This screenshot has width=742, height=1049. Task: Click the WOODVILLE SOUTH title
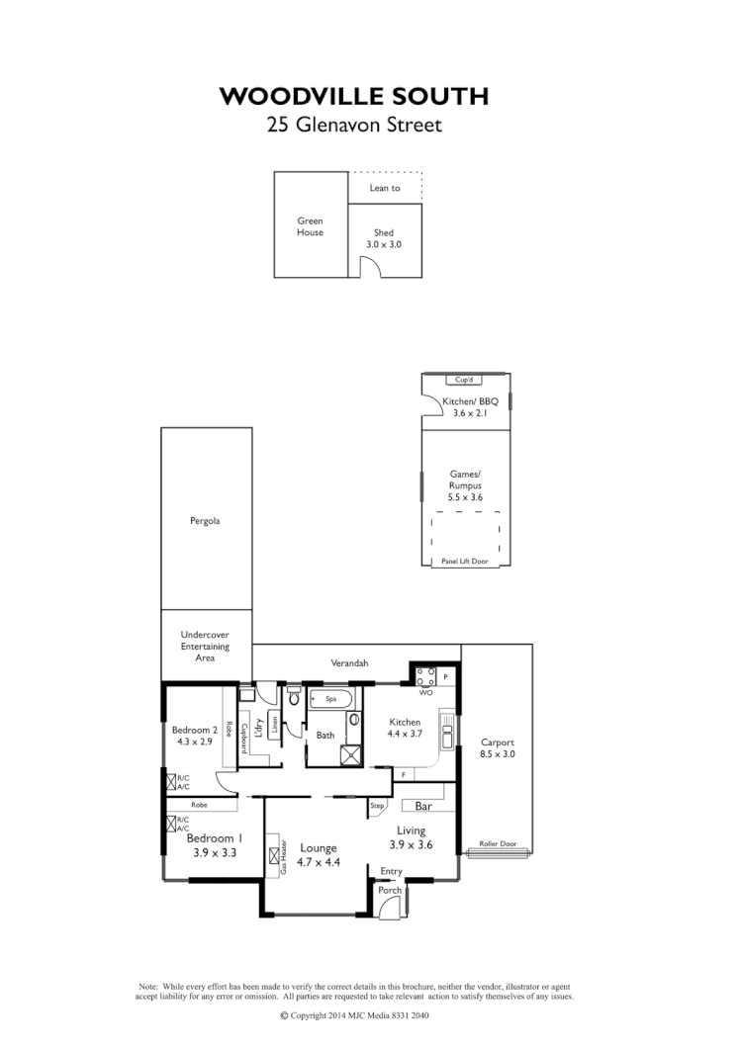(x=353, y=95)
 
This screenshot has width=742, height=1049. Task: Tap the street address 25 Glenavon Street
(x=353, y=126)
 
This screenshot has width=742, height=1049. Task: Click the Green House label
(x=310, y=226)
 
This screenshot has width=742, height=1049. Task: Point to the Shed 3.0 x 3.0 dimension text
(x=384, y=243)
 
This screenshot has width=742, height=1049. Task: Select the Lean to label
(x=385, y=188)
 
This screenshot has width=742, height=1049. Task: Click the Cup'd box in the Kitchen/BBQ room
(x=462, y=380)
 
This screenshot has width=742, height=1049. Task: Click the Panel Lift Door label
(x=464, y=561)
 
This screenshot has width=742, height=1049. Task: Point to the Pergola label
(x=205, y=520)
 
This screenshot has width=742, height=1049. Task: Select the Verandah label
(x=349, y=663)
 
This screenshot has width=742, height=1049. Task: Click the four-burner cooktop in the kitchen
(x=426, y=676)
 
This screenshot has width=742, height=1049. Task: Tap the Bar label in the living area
(x=426, y=806)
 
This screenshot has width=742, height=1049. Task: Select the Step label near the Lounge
(x=377, y=806)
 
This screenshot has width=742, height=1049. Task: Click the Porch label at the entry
(x=390, y=890)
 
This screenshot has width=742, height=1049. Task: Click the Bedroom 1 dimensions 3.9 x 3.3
(x=214, y=852)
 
